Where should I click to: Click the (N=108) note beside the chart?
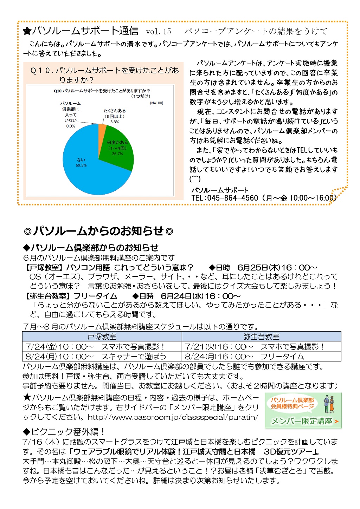pyautogui.click(x=156, y=103)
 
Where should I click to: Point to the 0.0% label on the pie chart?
pyautogui.click(x=71, y=126)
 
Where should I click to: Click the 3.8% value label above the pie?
pyautogui.click(x=115, y=122)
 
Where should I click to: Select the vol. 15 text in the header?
pyautogui.click(x=159, y=32)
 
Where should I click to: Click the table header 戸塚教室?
pyautogui.click(x=102, y=337)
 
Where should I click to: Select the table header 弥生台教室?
pyautogui.click(x=261, y=337)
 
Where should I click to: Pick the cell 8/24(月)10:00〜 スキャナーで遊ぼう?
pyautogui.click(x=96, y=356)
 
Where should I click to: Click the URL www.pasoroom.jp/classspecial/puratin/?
pyautogui.click(x=173, y=417)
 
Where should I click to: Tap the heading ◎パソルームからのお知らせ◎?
pyautogui.click(x=99, y=231)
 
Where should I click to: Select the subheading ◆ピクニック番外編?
pyautogui.click(x=64, y=432)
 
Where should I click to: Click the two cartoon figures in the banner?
pyautogui.click(x=329, y=404)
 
